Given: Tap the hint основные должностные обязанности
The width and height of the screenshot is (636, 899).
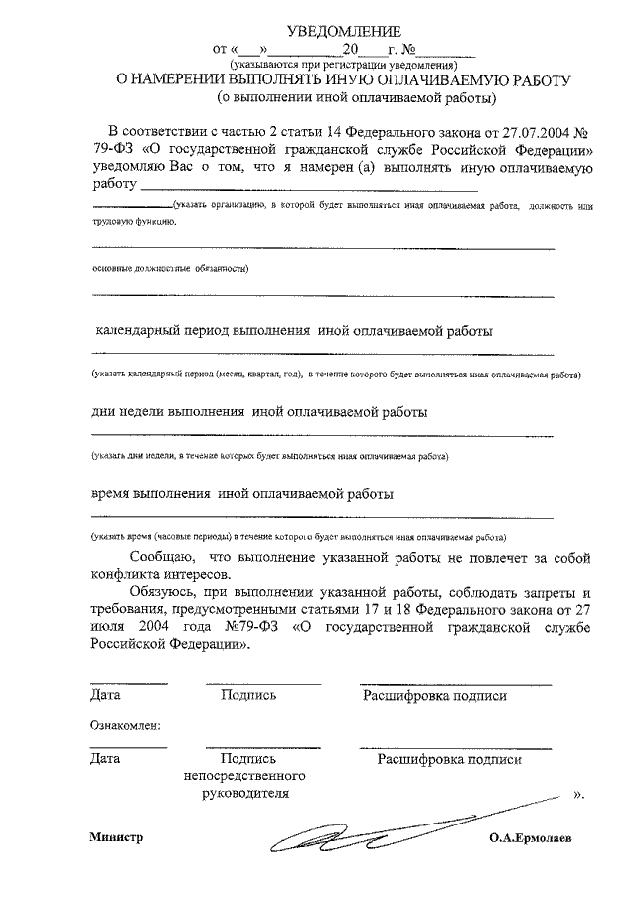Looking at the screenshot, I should pyautogui.click(x=170, y=268).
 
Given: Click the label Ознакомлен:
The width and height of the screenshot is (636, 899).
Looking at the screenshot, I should pyautogui.click(x=125, y=726).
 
